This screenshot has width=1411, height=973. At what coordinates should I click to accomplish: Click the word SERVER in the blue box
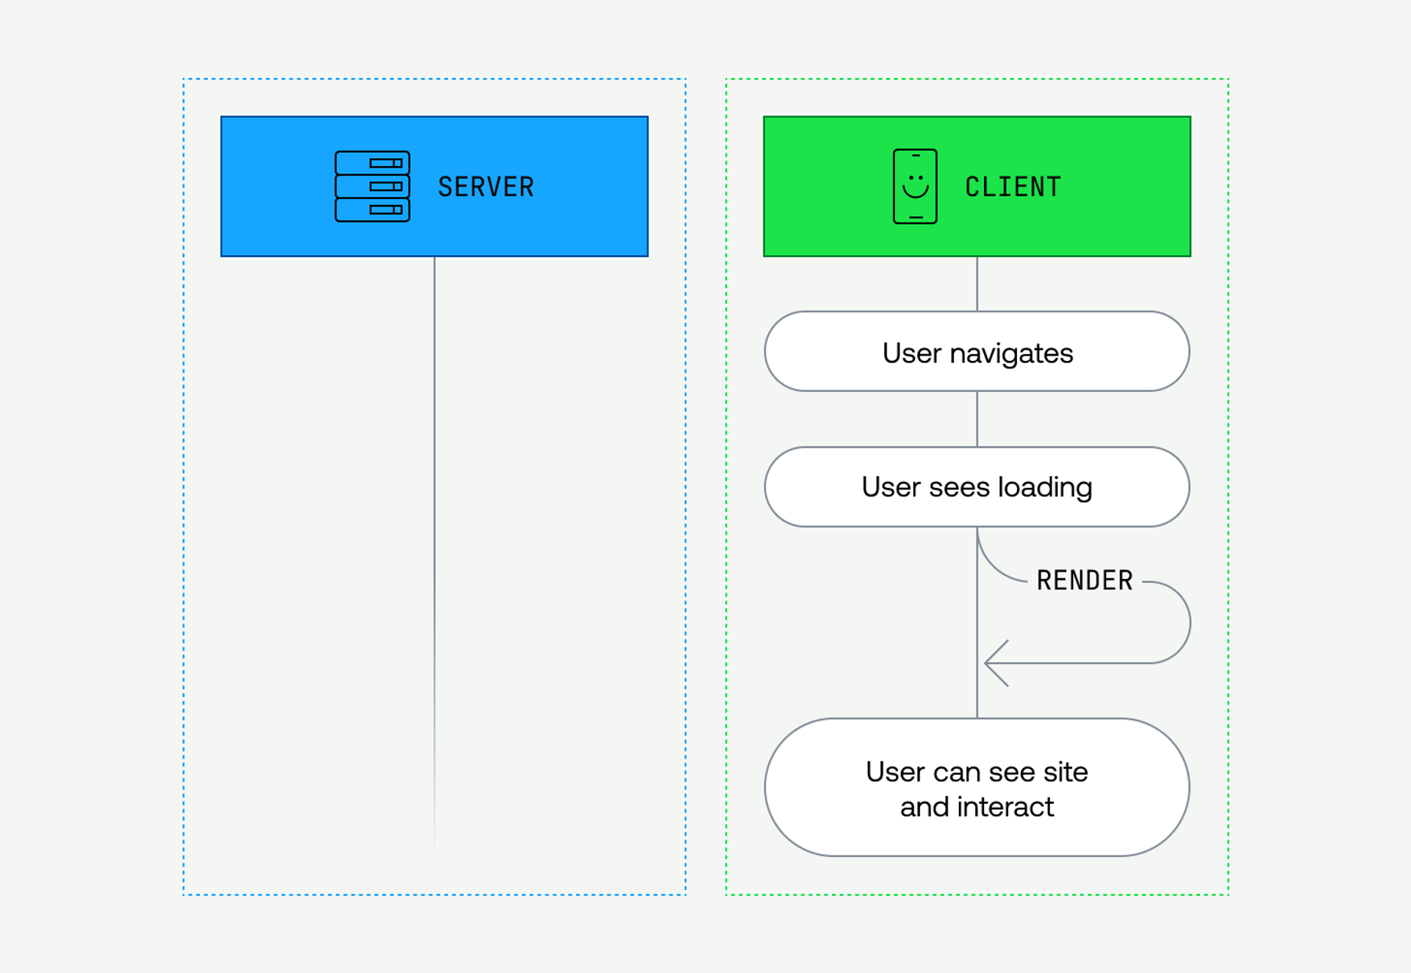click(x=486, y=187)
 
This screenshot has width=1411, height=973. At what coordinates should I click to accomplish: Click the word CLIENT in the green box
click(x=1013, y=187)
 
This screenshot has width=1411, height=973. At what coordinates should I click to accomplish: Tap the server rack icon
click(x=372, y=187)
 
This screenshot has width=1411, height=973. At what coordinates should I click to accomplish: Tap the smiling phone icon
click(x=915, y=187)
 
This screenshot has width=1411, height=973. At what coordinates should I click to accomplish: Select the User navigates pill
click(x=977, y=352)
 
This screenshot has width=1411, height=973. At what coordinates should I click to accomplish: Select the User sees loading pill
click(x=977, y=486)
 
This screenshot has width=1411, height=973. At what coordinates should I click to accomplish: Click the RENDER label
click(x=1085, y=581)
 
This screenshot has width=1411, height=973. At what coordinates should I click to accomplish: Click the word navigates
click(x=1011, y=353)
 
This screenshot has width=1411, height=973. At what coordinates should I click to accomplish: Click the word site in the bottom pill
click(x=1065, y=772)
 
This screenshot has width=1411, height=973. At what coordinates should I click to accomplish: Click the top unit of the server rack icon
click(x=372, y=163)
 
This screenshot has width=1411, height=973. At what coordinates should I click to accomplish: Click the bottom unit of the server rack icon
click(x=372, y=209)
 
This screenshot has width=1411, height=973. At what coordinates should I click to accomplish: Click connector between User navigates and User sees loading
click(x=977, y=419)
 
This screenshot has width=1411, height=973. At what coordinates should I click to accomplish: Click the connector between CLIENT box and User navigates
click(x=977, y=284)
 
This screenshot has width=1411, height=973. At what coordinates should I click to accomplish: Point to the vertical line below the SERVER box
click(x=434, y=514)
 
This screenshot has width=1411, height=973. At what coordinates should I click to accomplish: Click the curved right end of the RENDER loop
click(x=1188, y=622)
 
